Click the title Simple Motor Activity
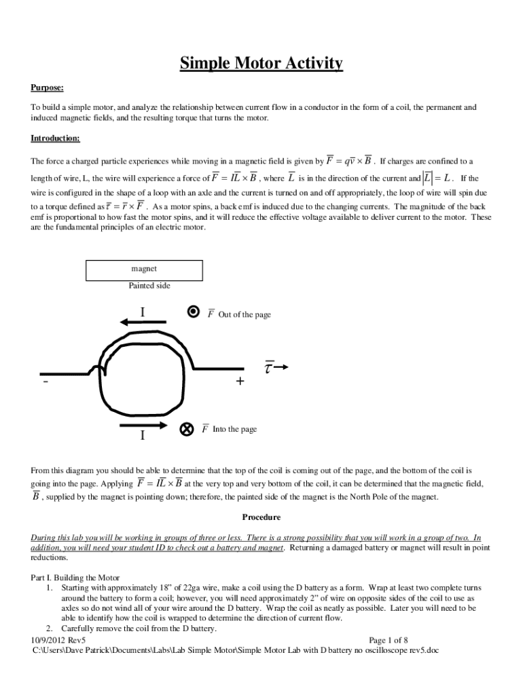coord(261,64)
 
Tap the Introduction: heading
coord(55,138)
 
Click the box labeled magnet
coord(144,270)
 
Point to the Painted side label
coord(149,286)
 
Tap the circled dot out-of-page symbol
coord(194,312)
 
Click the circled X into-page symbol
coord(186,430)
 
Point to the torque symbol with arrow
coord(276,367)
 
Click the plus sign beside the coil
coord(240,381)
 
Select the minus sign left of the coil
coord(45,381)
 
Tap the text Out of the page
coord(245,315)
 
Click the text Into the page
coord(234,430)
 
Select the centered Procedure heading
coord(261,517)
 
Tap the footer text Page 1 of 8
coord(388,640)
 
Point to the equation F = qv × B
coord(349,162)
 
